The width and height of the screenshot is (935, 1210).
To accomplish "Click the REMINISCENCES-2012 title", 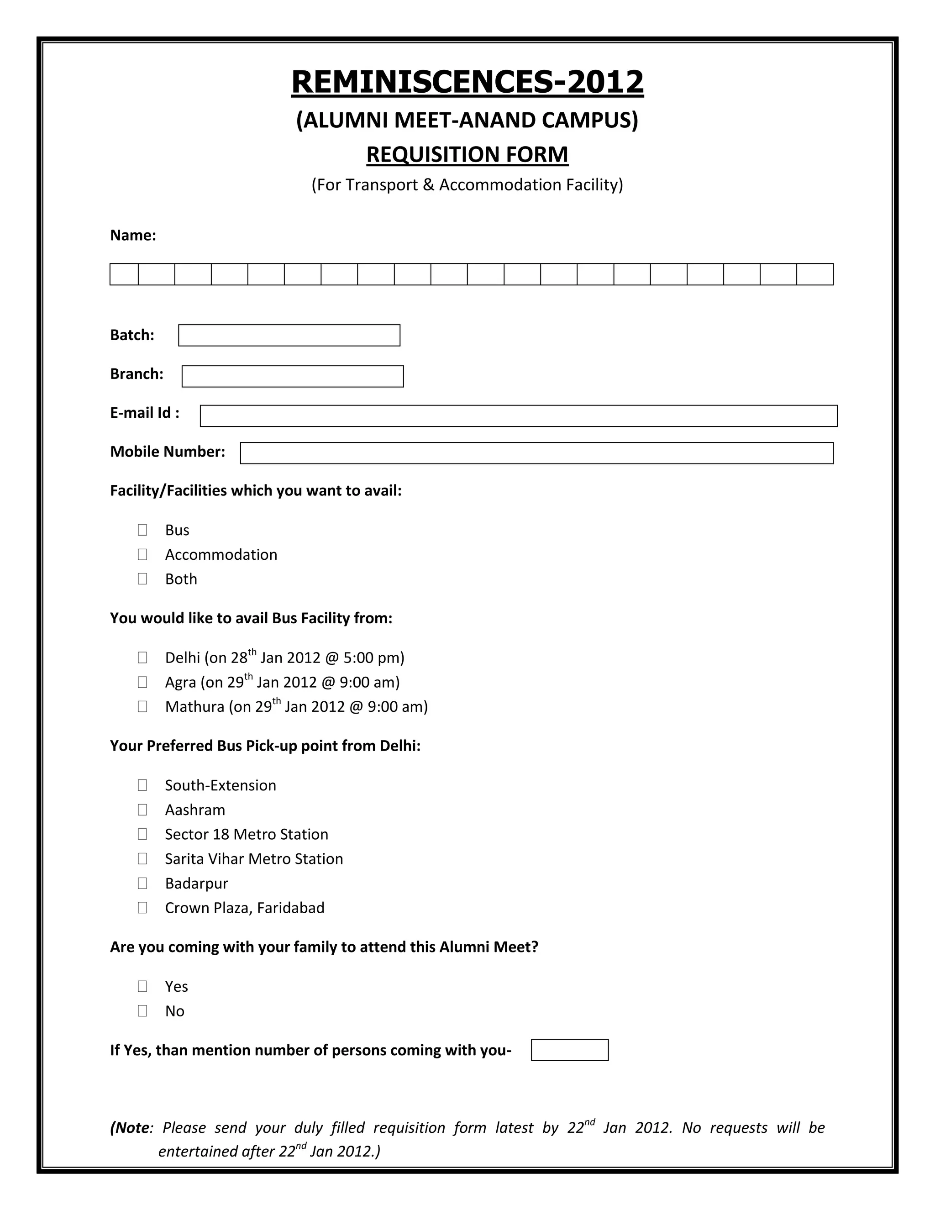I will pyautogui.click(x=467, y=82).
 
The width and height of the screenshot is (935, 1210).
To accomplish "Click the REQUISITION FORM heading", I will pyautogui.click(x=467, y=155).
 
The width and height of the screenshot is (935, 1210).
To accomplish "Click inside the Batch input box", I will pyautogui.click(x=289, y=335).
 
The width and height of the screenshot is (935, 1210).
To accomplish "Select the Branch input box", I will pyautogui.click(x=293, y=376).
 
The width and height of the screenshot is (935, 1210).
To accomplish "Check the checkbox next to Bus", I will pyautogui.click(x=142, y=530).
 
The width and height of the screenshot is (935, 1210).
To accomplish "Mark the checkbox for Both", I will pyautogui.click(x=142, y=579).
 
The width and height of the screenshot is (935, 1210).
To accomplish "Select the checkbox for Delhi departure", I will pyautogui.click(x=142, y=658).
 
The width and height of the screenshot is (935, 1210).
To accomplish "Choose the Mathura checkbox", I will pyautogui.click(x=142, y=706).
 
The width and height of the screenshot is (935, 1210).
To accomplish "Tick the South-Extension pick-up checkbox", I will pyautogui.click(x=142, y=785).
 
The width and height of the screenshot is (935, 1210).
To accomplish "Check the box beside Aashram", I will pyautogui.click(x=142, y=810).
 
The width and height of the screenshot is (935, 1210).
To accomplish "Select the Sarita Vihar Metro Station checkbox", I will pyautogui.click(x=142, y=859).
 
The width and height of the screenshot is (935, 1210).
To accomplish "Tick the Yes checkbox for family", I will pyautogui.click(x=142, y=986).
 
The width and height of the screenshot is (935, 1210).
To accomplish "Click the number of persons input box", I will pyautogui.click(x=569, y=1050).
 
